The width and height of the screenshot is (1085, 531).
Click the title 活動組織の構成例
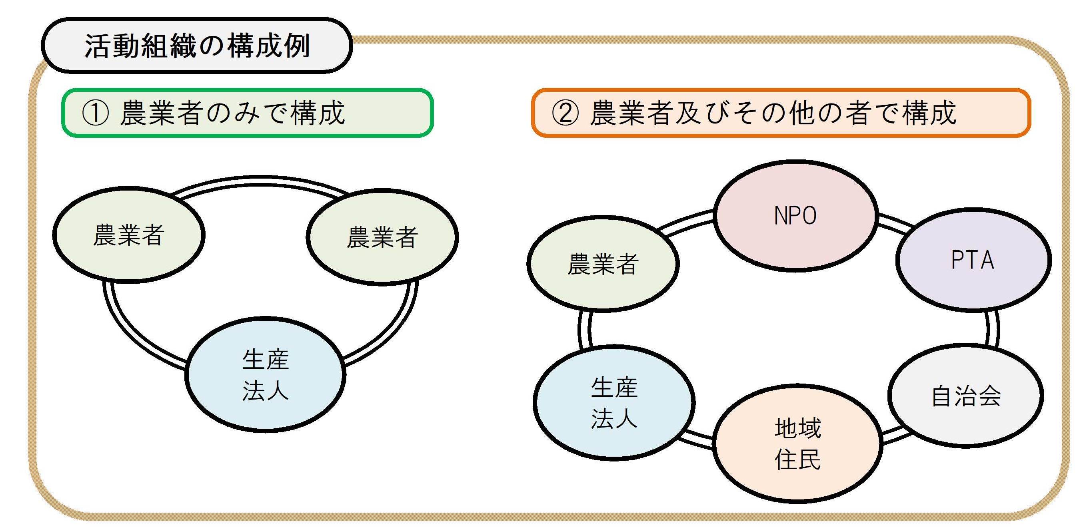(197, 46)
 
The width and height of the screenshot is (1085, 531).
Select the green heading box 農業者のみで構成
(248, 113)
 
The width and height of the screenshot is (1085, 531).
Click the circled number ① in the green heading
(95, 113)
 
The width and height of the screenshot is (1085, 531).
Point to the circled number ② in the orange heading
(565, 113)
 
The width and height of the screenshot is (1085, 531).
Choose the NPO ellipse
(795, 215)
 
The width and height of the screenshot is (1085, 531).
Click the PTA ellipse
(973, 260)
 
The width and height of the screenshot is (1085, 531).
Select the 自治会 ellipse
(965, 396)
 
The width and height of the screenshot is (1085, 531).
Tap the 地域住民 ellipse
(797, 443)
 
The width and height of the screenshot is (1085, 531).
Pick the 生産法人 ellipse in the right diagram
(613, 403)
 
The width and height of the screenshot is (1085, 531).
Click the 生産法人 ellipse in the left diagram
(265, 374)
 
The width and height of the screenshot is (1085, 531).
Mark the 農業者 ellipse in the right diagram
(603, 264)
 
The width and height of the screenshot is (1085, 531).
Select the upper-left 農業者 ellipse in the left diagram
(128, 235)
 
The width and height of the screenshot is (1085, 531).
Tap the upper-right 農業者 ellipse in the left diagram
(382, 237)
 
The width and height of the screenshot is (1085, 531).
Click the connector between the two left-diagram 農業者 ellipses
(259, 181)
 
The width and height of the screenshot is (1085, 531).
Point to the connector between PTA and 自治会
(992, 328)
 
